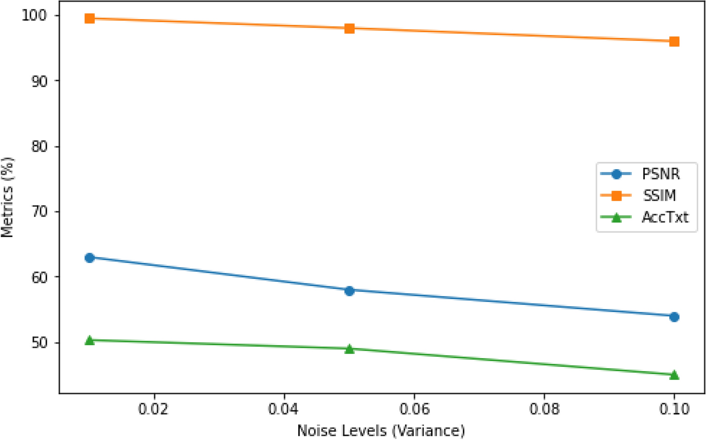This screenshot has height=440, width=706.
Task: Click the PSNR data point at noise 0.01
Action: [90, 258]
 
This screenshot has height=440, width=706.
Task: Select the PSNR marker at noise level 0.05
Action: [349, 291]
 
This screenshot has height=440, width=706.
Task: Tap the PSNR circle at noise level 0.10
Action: [674, 317]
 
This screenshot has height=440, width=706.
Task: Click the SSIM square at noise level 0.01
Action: [90, 18]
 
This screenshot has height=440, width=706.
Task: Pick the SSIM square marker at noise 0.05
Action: [349, 29]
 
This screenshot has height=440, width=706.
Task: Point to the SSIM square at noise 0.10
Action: [674, 41]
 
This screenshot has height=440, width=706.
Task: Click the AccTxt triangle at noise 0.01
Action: [90, 340]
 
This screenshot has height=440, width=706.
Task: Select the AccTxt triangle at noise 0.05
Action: [349, 349]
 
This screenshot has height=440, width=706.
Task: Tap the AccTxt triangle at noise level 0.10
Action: [674, 375]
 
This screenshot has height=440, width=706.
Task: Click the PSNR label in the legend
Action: [661, 174]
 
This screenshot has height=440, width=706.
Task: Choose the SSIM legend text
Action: [659, 196]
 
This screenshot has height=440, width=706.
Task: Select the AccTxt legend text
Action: [665, 217]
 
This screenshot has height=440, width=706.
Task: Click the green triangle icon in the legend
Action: [616, 217]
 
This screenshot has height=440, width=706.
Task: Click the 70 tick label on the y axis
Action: [39, 211]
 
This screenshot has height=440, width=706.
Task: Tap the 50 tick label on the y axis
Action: [39, 343]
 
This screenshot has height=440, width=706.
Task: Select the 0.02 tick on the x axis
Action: [154, 409]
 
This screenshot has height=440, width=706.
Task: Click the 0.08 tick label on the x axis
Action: [544, 409]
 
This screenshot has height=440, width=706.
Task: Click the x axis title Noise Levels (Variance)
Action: [381, 431]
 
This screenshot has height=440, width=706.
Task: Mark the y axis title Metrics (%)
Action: [7, 197]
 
